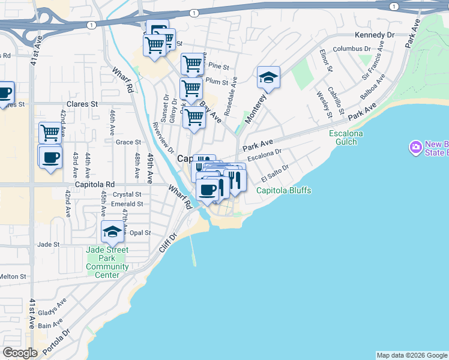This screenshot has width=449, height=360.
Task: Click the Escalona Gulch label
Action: [x=343, y=137]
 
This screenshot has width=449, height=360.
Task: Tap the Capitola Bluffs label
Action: [x=284, y=191]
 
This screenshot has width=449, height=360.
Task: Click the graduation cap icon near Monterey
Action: [x=268, y=78]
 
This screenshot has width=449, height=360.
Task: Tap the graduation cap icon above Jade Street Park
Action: [x=112, y=232]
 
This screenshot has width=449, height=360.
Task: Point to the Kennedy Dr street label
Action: [x=374, y=35]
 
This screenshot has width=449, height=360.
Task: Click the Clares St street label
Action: [x=82, y=104]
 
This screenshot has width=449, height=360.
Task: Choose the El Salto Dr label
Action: [x=275, y=175]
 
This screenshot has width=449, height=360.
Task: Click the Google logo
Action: [x=20, y=353]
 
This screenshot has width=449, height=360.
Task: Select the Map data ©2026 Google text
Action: [x=411, y=355]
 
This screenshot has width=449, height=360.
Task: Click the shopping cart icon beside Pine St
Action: [x=192, y=64]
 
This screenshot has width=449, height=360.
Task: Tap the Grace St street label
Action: [x=128, y=142]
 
